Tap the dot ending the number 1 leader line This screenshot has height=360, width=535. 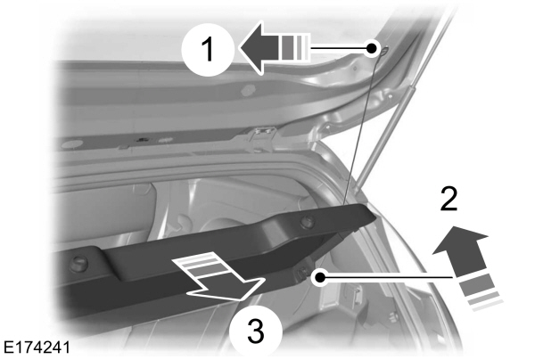[373, 49]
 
